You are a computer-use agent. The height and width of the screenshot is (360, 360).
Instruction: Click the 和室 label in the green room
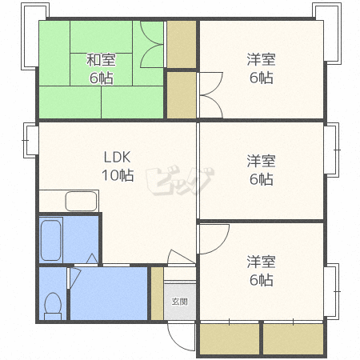[101, 60]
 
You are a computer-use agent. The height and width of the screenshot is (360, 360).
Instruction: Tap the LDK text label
[117, 157]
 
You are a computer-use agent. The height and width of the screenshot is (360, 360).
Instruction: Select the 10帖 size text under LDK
[118, 175]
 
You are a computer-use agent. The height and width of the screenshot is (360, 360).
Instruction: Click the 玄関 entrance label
[180, 302]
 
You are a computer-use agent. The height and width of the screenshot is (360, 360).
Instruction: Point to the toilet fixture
[53, 306]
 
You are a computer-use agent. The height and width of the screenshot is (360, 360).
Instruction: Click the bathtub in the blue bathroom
[51, 240]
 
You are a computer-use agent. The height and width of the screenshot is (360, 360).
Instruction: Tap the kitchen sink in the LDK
[81, 201]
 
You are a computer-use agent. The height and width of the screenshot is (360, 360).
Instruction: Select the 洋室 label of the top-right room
[261, 59]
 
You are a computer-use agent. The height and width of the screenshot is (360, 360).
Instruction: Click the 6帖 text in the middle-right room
[262, 179]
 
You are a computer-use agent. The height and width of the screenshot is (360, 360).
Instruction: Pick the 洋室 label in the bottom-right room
[261, 262]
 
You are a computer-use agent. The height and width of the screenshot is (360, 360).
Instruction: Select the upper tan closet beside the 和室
[182, 44]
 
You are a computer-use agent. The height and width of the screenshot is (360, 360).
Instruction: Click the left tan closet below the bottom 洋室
[230, 339]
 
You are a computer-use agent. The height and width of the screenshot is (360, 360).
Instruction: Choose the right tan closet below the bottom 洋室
[293, 339]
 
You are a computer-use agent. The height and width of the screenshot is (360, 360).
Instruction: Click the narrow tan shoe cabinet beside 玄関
[158, 293]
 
